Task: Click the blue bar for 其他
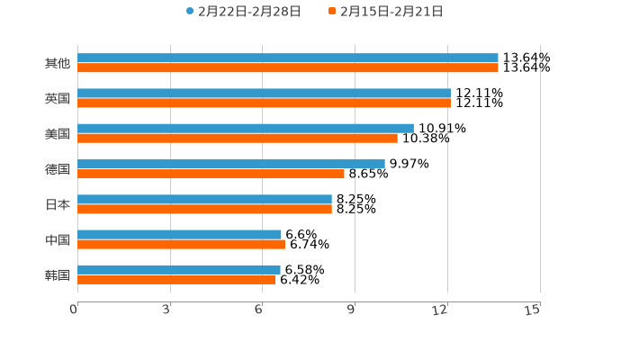pos(288,58)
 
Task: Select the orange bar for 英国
pos(264,103)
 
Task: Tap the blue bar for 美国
pos(246,128)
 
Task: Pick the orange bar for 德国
pos(211,174)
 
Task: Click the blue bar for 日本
pos(204,199)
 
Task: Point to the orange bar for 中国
pos(181,244)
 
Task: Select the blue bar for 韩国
pos(179,269)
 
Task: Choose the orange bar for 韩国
pos(176,279)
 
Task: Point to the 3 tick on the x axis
pos(166,310)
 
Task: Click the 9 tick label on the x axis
pos(351,310)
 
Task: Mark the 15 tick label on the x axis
pos(533,310)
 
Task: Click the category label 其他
pos(57,64)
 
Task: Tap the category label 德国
pos(57,169)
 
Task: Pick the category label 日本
pos(57,204)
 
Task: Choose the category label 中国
pos(57,239)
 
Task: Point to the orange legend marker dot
pos(332,12)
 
